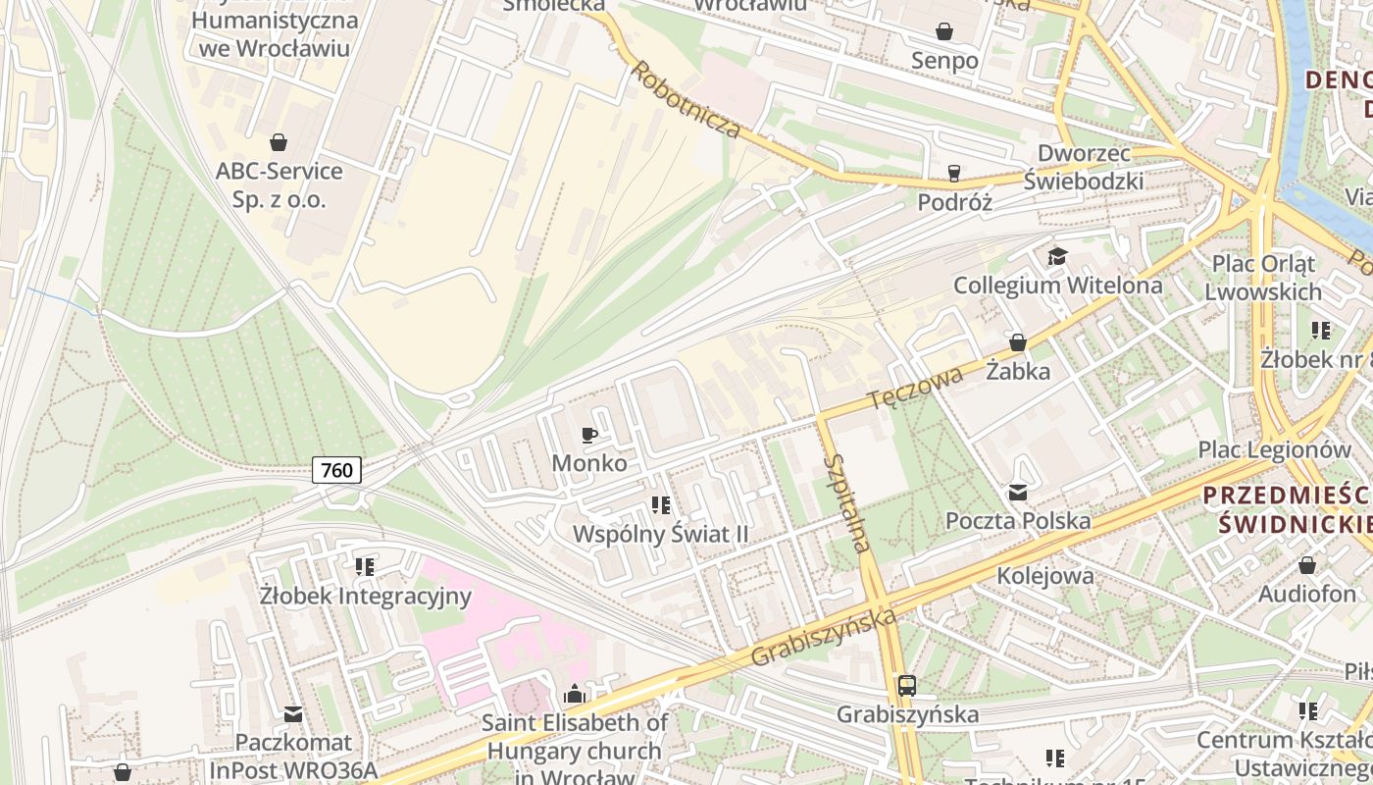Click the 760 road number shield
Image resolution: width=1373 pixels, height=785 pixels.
[x=336, y=470]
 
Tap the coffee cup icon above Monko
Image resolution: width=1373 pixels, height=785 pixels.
[x=589, y=435]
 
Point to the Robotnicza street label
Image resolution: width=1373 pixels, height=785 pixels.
[x=684, y=100]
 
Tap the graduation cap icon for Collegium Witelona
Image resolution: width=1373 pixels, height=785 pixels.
[x=1057, y=257]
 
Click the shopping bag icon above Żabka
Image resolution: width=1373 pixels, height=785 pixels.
[x=1018, y=342]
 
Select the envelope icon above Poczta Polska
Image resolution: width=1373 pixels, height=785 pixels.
[x=1018, y=493]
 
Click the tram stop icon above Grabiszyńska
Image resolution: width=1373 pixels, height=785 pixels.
[x=907, y=686]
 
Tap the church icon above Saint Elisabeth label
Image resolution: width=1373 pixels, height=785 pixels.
[x=575, y=695]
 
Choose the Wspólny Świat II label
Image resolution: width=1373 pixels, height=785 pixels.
[x=660, y=535]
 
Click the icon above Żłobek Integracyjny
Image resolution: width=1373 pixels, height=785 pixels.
[x=365, y=567]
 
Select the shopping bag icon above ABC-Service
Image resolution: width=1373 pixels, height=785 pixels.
[x=279, y=142]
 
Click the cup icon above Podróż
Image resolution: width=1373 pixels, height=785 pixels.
[x=953, y=174]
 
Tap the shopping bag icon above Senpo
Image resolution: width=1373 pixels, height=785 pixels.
[x=944, y=32]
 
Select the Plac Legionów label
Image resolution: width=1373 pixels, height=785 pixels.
[x=1274, y=449]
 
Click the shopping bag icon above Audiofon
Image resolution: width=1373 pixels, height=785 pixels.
[x=1306, y=566]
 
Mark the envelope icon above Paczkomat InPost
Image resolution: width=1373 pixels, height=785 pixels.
[x=292, y=714]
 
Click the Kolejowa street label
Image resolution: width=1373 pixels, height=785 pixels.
[x=1044, y=575]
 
